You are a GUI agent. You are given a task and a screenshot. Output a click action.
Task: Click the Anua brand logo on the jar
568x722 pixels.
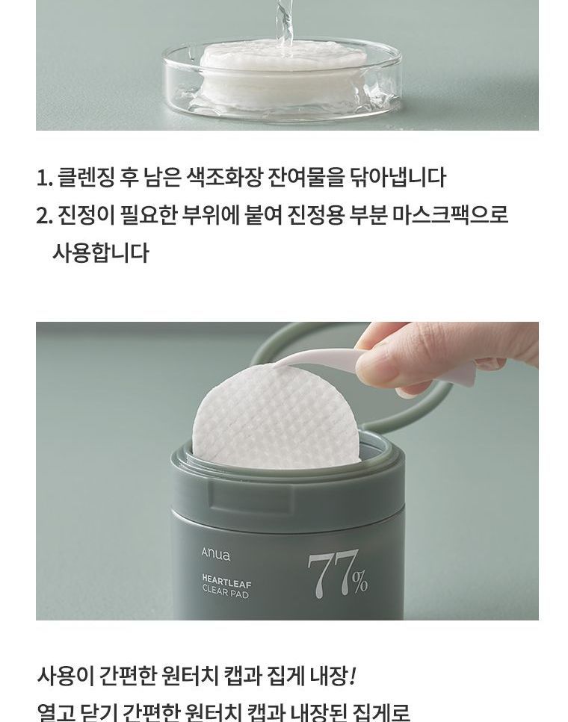(x=215, y=554)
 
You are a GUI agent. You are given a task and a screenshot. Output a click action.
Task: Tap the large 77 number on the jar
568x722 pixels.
(x=332, y=574)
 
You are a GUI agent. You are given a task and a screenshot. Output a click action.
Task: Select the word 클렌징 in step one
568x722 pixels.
(x=86, y=178)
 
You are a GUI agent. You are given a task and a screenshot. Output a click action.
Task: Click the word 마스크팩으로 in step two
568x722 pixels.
(x=451, y=215)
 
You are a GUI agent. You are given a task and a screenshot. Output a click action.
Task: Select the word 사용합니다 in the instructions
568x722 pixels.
(x=100, y=252)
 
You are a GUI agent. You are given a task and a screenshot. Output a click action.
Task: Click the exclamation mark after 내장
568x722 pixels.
(x=353, y=676)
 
